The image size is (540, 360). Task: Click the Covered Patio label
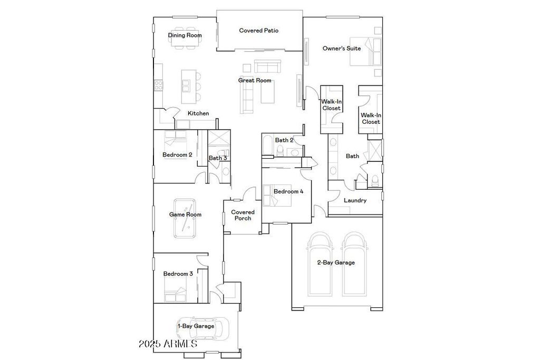258,30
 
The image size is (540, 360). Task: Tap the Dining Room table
185,36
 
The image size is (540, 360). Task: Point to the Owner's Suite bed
366,51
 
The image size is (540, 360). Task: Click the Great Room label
255,80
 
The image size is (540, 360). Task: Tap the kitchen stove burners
158,85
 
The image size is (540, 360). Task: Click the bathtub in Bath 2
267,146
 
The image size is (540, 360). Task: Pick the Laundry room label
355,200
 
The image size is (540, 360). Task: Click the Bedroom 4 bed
277,196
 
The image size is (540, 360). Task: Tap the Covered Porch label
243,215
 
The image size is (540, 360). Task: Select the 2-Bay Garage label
336,262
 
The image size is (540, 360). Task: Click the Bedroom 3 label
178,274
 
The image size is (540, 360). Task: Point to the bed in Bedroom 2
175,139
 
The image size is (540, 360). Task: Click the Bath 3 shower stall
219,140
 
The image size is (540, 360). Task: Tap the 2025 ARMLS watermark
168,344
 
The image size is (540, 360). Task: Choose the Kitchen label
198,113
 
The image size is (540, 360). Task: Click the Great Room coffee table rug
267,91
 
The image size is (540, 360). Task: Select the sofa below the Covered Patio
267,66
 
